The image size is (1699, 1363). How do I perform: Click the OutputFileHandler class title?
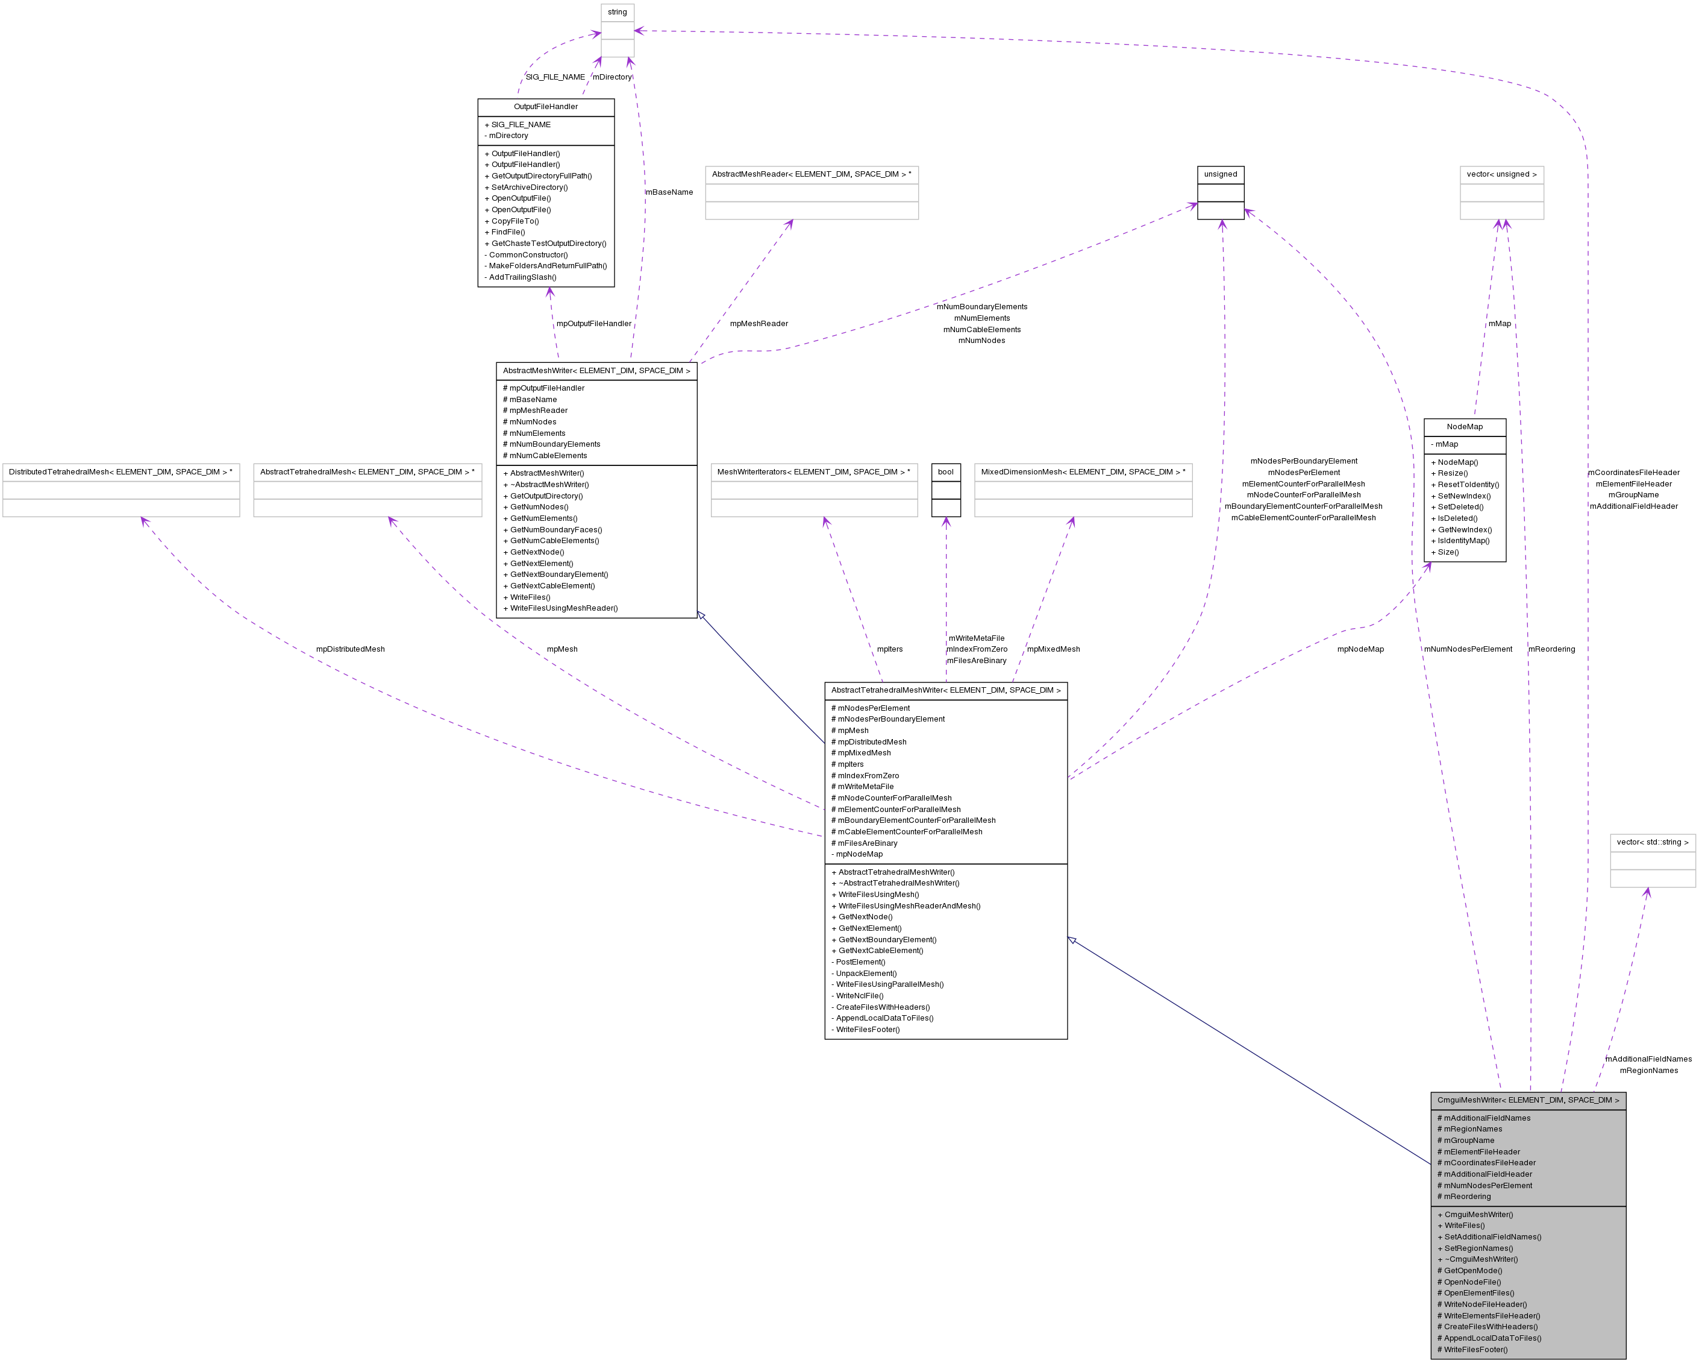click(545, 107)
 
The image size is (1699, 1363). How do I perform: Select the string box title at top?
click(617, 12)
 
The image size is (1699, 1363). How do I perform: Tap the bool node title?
click(946, 471)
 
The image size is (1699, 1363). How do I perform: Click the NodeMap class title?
click(1464, 426)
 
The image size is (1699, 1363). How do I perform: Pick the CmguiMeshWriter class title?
click(1528, 1100)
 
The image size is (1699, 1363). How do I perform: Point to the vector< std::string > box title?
click(1653, 842)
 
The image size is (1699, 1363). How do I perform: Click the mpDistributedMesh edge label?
click(350, 649)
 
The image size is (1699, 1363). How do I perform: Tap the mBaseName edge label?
click(669, 192)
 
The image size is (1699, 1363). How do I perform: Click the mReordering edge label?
click(1551, 649)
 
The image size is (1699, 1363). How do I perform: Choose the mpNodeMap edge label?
click(1360, 649)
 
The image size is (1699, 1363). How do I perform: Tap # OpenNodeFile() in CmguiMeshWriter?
click(1469, 1282)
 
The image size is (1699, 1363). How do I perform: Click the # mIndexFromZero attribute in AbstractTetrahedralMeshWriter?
click(865, 776)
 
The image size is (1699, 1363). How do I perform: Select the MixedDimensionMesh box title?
click(1083, 471)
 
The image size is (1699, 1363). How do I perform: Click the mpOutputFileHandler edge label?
click(593, 323)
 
